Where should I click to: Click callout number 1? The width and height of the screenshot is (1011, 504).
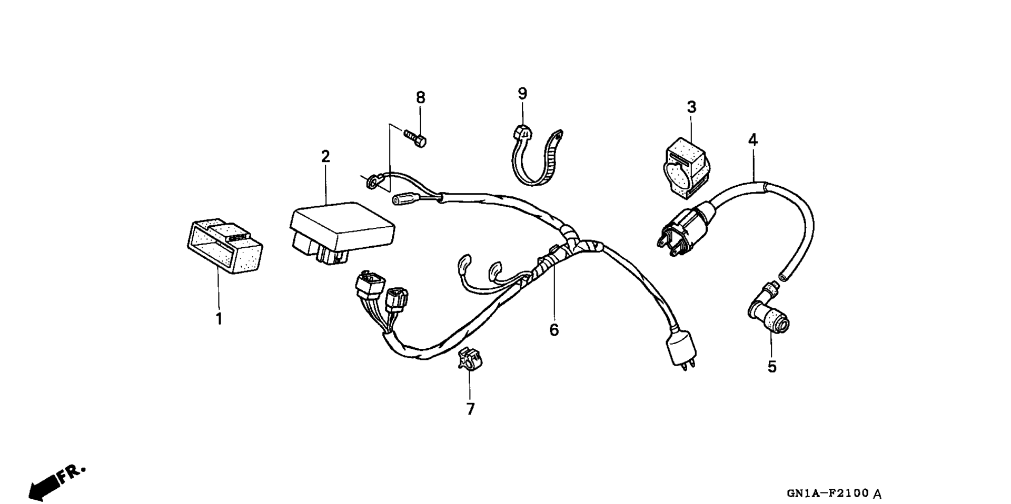pyautogui.click(x=219, y=319)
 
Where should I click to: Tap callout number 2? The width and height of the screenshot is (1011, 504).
pyautogui.click(x=325, y=156)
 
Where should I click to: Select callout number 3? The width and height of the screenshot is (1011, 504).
pyautogui.click(x=691, y=107)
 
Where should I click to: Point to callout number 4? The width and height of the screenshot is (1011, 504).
pyautogui.click(x=753, y=140)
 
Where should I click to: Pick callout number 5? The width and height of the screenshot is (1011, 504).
pyautogui.click(x=772, y=367)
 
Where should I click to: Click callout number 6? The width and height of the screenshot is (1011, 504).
pyautogui.click(x=554, y=330)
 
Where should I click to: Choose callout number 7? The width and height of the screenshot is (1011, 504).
pyautogui.click(x=470, y=409)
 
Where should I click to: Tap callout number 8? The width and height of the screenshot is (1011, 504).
pyautogui.click(x=420, y=97)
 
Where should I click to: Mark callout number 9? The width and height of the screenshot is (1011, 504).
pyautogui.click(x=522, y=94)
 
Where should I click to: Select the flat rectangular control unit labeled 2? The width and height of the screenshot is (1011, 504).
pyautogui.click(x=341, y=231)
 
